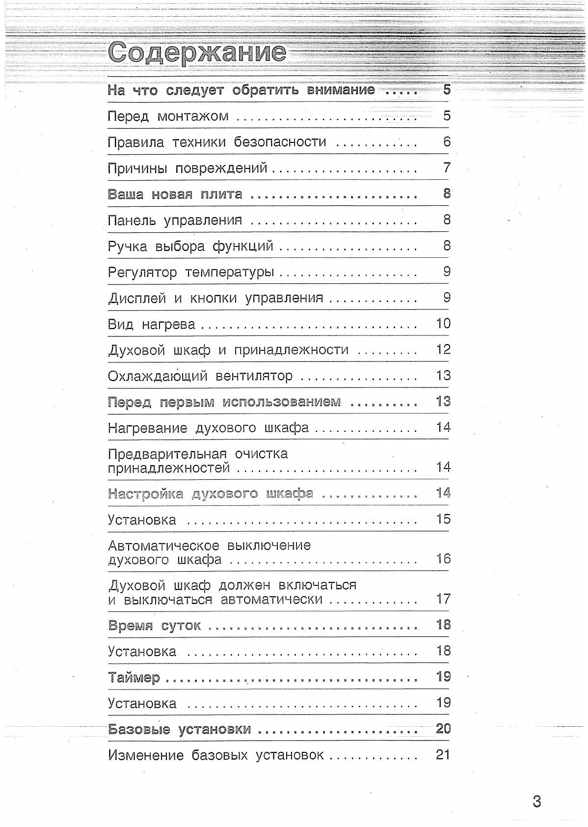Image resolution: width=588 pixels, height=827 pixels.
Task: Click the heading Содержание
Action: [x=197, y=53]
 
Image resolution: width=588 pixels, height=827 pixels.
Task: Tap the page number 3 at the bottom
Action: [x=536, y=802]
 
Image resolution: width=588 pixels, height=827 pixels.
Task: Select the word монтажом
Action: [x=193, y=116]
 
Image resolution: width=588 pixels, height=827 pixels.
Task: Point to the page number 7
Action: [x=447, y=168]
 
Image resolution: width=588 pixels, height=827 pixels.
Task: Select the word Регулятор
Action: [x=142, y=273]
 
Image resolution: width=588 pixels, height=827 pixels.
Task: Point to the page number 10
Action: [x=443, y=324]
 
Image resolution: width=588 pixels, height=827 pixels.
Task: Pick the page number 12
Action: [x=443, y=350]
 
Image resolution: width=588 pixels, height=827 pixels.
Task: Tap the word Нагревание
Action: [x=147, y=428]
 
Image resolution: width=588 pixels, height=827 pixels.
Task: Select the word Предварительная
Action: [x=167, y=454]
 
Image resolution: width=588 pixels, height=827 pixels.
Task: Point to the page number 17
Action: [x=443, y=599]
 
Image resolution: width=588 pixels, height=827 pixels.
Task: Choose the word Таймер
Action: [x=134, y=678]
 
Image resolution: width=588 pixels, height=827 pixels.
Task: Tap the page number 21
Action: [x=443, y=755]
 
